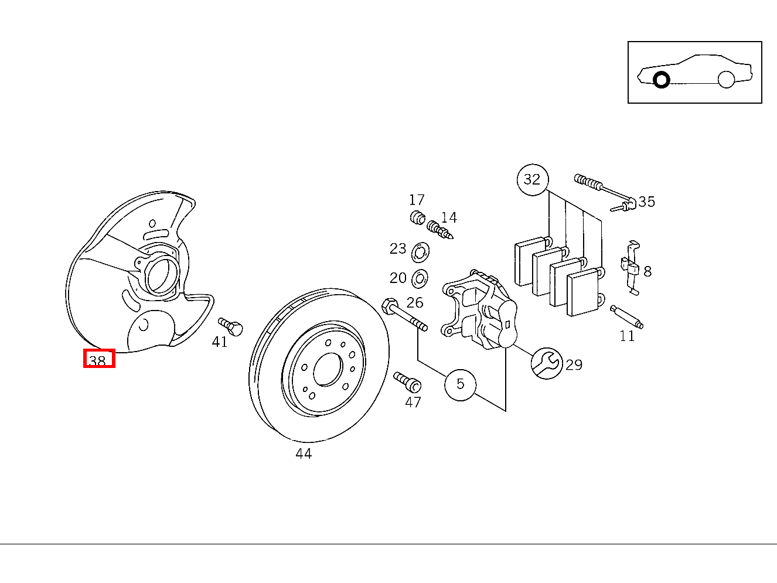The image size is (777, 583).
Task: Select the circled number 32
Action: [x=532, y=179]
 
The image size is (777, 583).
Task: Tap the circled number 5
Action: [x=460, y=384]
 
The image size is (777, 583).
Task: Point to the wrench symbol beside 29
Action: [x=546, y=363]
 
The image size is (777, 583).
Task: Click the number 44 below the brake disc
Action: [x=304, y=454]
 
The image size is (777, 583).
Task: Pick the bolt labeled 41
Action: [x=231, y=326]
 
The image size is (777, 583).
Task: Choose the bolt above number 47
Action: [x=408, y=381]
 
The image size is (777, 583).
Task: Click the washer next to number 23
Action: [x=420, y=253]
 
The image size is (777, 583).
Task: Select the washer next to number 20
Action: [x=420, y=278]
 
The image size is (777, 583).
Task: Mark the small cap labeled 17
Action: [x=417, y=217]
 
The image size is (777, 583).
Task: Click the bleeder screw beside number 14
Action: [x=440, y=230]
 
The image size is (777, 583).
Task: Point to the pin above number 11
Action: [x=626, y=317]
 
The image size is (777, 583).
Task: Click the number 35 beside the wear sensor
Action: [x=646, y=202]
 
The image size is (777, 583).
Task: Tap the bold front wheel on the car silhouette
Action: [x=662, y=80]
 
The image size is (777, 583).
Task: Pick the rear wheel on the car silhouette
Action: [x=726, y=79]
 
